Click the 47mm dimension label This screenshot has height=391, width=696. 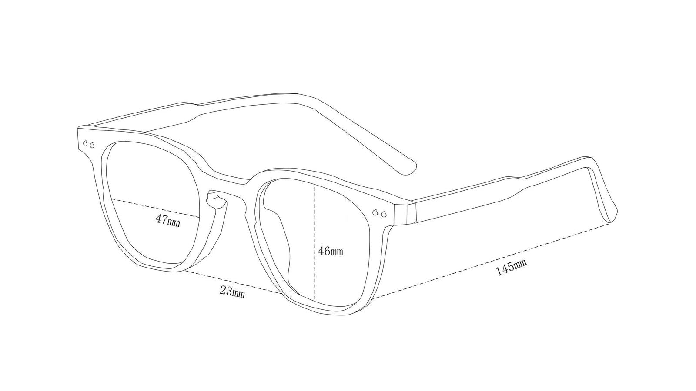(167, 221)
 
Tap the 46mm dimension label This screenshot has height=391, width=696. (331, 251)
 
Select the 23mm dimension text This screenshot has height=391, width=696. (232, 292)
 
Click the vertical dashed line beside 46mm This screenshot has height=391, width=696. (315, 243)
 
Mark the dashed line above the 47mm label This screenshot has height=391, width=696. (155, 208)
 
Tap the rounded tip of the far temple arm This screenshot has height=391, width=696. (411, 169)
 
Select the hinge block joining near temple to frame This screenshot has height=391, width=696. (404, 213)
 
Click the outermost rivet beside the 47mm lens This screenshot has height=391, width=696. (85, 143)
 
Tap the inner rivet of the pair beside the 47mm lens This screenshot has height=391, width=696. (92, 145)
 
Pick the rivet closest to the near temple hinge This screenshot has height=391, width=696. (384, 214)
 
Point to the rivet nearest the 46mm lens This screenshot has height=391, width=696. (375, 212)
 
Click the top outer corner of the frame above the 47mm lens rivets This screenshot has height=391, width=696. (78, 128)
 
